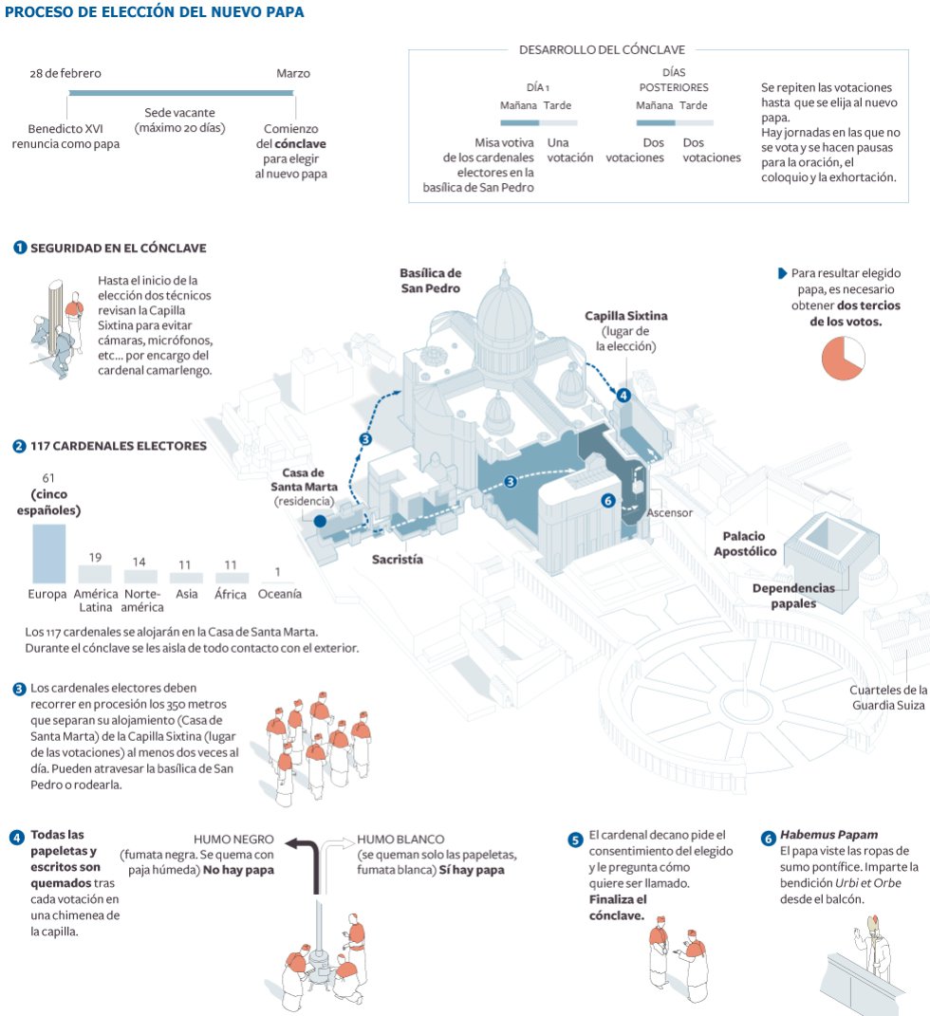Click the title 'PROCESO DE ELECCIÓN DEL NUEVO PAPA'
pos(155,13)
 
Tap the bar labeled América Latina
pos(95,573)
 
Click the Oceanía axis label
pos(280,594)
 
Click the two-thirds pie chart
pos(842,358)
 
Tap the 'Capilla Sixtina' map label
pos(625,316)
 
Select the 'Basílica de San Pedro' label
pos(430,280)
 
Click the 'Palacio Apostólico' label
pos(749,544)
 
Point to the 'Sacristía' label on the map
pos(397,559)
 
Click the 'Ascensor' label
pos(669,512)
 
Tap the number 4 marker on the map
pos(623,396)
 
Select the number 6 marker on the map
pos(608,501)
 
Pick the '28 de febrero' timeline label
pos(65,73)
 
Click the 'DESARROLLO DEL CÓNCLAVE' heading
pos(602,49)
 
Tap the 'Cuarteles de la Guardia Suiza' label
pos(888,697)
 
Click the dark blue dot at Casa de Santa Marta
pos(320,521)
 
